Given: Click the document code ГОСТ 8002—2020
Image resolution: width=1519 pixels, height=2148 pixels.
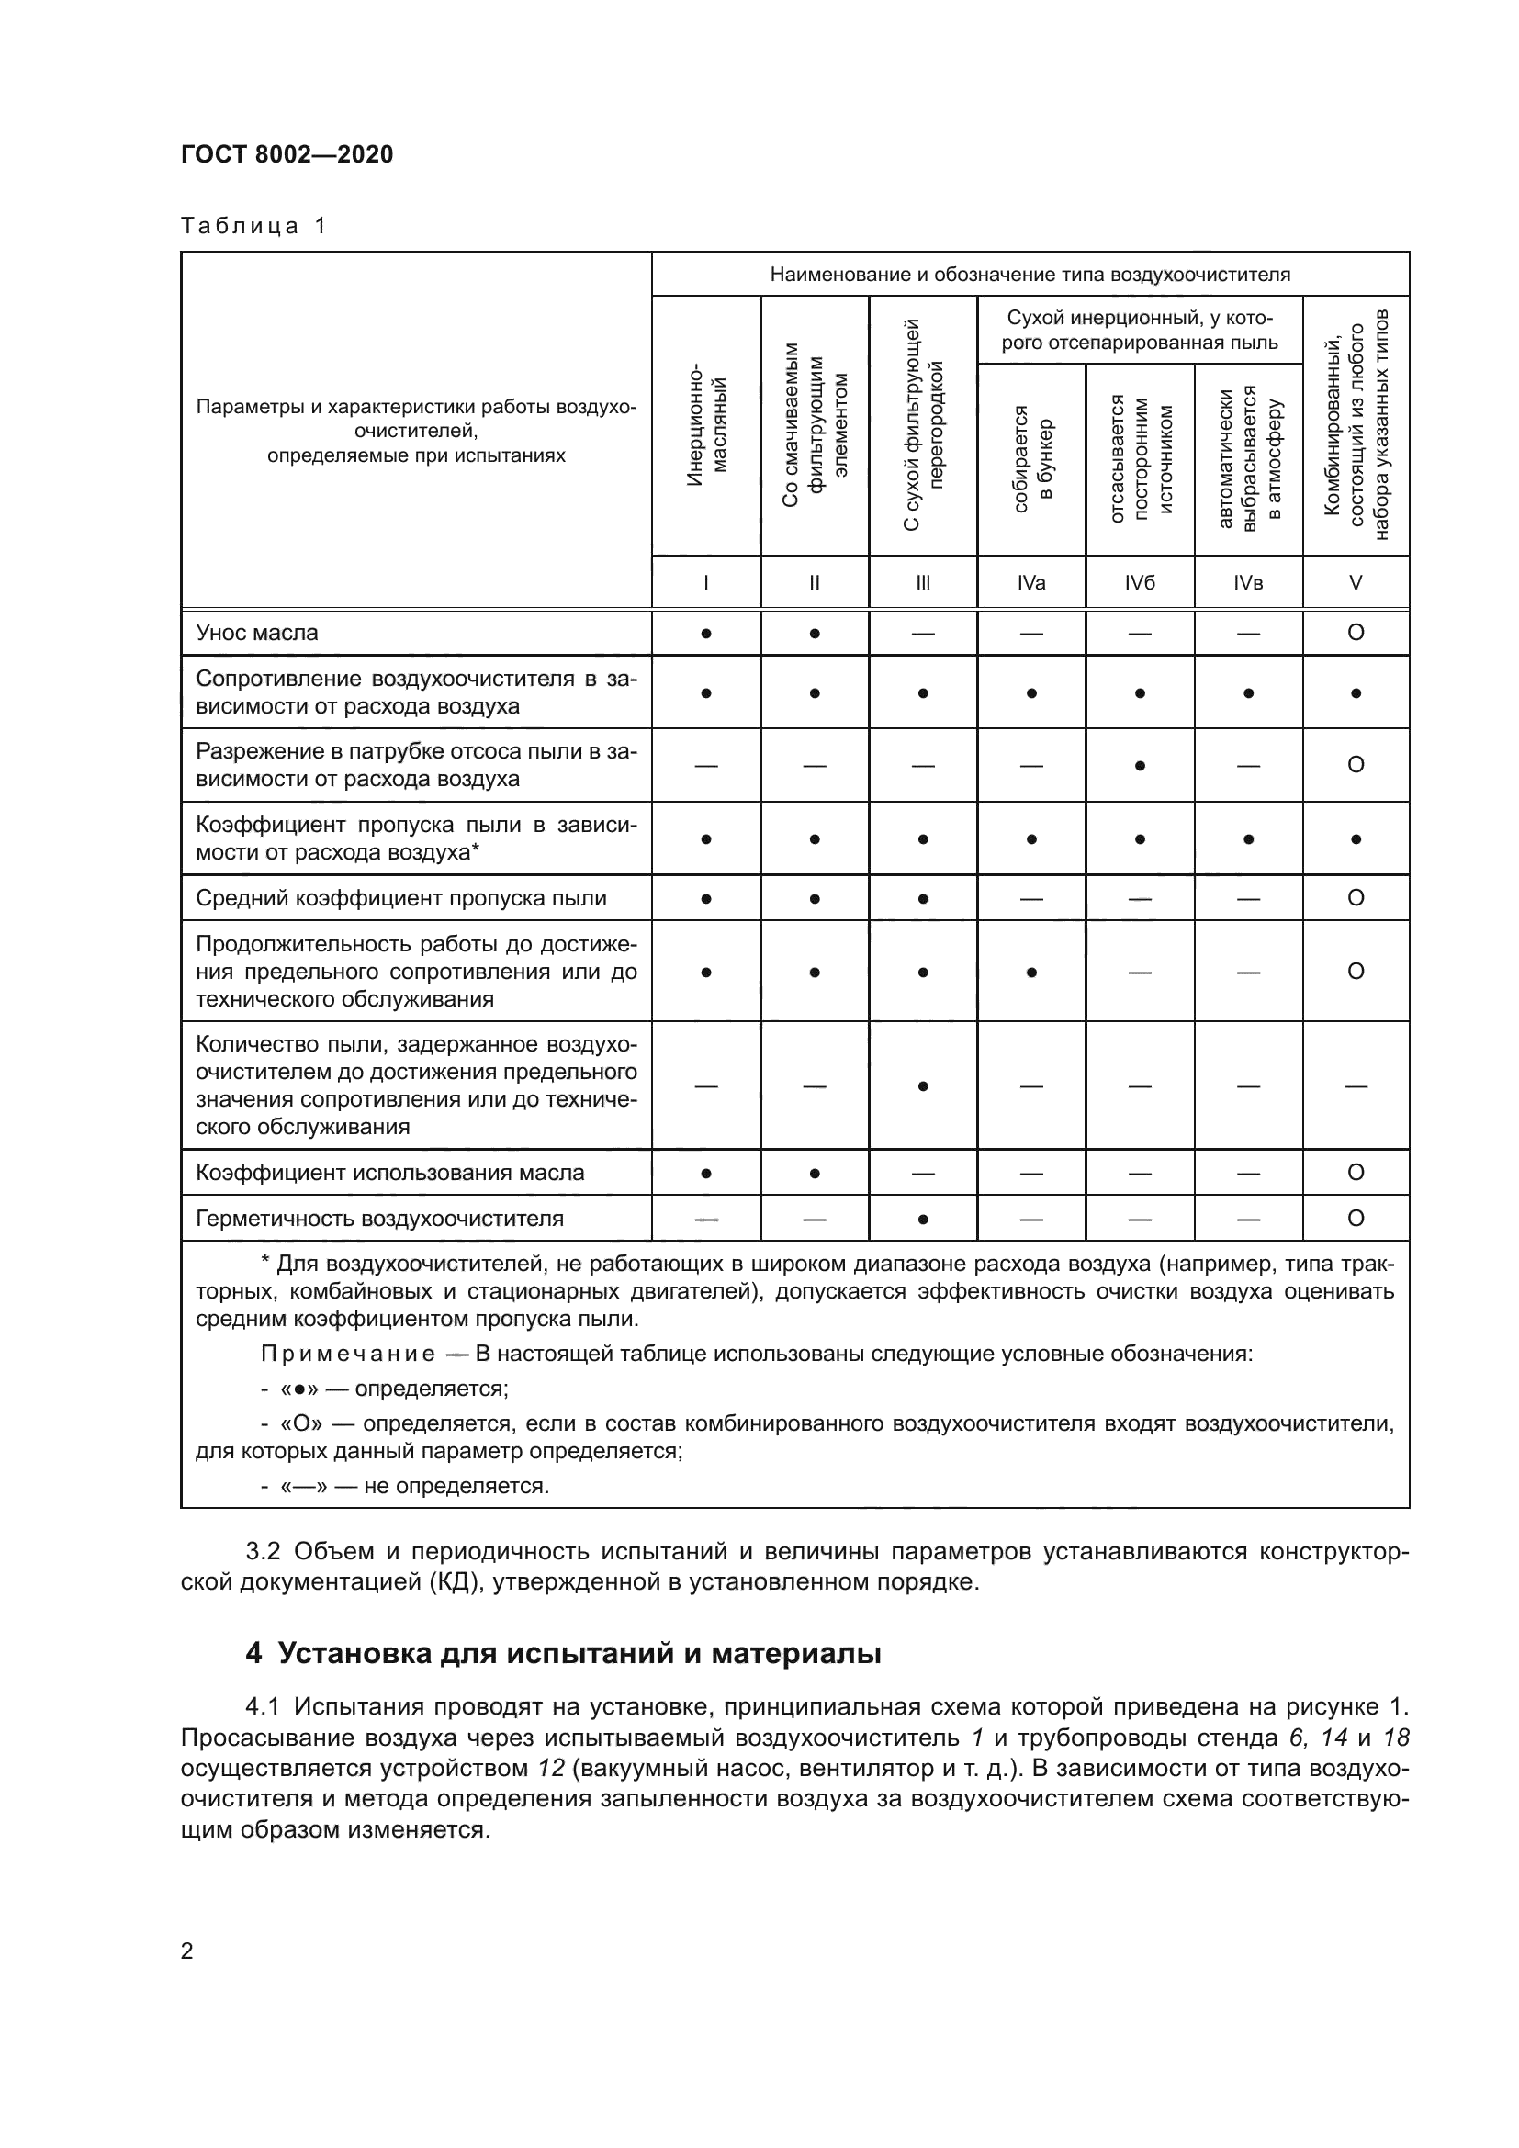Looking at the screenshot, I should tap(287, 154).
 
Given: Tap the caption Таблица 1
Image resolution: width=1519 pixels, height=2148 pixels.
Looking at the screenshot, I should tap(253, 227).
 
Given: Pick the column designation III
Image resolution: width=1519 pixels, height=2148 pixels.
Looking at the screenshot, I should tap(923, 583).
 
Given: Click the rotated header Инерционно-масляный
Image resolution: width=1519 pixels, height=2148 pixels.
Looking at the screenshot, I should tap(706, 426).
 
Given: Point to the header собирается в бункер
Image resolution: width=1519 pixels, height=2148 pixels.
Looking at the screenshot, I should tap(1031, 458).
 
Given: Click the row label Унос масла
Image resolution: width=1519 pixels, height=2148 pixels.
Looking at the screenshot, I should tap(257, 633).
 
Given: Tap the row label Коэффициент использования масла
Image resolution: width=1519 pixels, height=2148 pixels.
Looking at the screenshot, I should tap(390, 1172).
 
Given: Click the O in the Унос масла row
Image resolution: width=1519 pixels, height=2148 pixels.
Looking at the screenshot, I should tap(1356, 633).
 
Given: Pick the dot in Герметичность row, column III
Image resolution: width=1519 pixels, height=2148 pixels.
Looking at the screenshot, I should tap(923, 1219).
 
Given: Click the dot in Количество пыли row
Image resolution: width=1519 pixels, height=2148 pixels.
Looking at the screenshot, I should tap(923, 1086).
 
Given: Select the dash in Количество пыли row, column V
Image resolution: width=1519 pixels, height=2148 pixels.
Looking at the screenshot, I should tap(1356, 1086).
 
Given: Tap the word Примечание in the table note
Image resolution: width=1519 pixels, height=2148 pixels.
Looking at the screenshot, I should tap(348, 1354).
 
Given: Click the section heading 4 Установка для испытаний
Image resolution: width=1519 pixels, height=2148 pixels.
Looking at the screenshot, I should tap(563, 1653).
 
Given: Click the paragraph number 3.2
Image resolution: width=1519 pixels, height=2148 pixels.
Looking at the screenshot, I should tap(263, 1551).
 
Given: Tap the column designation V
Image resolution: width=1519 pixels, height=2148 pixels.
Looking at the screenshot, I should tap(1356, 583).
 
